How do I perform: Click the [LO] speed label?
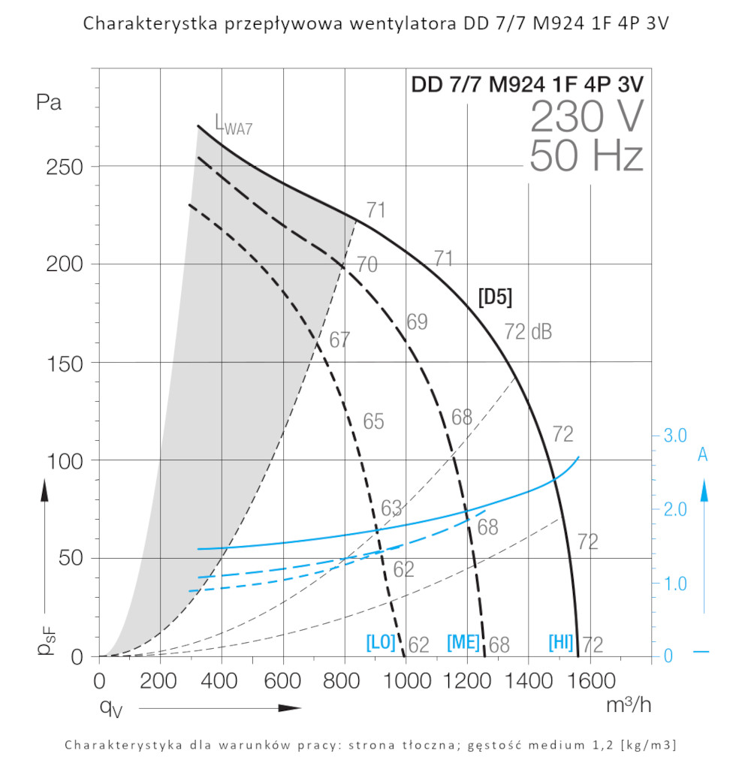(380, 643)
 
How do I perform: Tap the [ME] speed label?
(463, 643)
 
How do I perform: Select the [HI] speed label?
(562, 643)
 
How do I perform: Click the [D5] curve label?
(495, 297)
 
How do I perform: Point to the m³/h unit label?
(629, 705)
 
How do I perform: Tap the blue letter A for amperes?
(703, 455)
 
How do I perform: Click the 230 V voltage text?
(587, 116)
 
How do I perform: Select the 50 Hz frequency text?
(587, 157)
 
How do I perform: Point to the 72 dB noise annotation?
(527, 331)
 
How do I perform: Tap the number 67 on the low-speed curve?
(339, 340)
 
